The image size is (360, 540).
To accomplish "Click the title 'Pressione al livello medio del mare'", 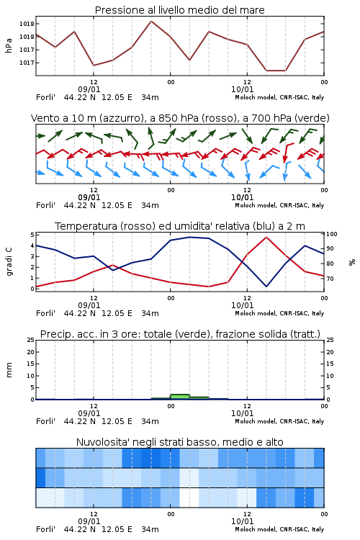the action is pos(179,10).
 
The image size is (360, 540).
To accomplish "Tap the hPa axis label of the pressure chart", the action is pos(9,45).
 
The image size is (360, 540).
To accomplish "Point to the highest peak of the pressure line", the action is pos(151,21).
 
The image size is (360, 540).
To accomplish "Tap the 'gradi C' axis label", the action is pos(9,262).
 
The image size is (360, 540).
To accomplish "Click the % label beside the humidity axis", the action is pos(352,262).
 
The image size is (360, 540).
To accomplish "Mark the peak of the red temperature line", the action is pos(266,237).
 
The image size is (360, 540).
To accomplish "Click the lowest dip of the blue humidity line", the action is pos(266,287).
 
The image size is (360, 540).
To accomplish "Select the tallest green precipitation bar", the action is pos(180,397).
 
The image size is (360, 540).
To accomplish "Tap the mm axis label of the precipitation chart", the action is pos(9,370).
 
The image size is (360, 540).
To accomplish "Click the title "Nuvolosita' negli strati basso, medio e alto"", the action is pos(179,442).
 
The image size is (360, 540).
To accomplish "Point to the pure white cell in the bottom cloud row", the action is pos(189,498).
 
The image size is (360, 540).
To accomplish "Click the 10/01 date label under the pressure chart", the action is pos(242,89).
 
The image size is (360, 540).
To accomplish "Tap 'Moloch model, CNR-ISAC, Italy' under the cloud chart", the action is pos(279,529).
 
